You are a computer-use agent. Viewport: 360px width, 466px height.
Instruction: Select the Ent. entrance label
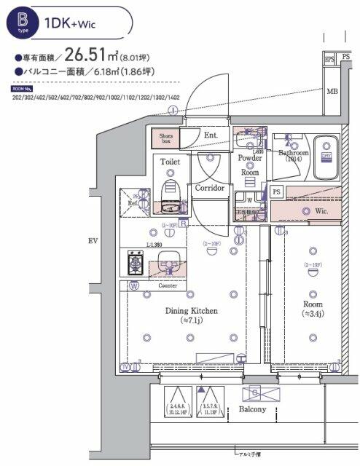pyautogui.click(x=211, y=135)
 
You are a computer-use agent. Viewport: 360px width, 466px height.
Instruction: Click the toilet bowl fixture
pyautogui.click(x=171, y=191)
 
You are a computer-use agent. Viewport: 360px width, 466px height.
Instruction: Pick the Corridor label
pyautogui.click(x=210, y=187)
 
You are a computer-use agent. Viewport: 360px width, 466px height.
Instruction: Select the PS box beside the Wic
pyautogui.click(x=275, y=191)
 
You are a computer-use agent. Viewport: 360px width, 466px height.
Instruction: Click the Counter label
pyautogui.click(x=168, y=285)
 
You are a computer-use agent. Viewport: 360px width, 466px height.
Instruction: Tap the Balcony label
pyautogui.click(x=253, y=409)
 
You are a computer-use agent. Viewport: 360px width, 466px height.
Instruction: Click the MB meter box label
pyautogui.click(x=332, y=92)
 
